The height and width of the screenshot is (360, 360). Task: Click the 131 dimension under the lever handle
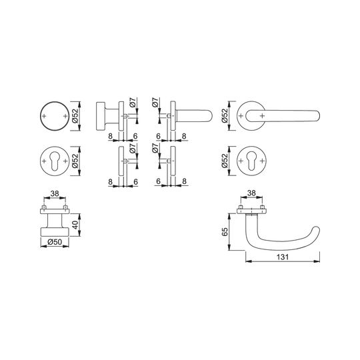coord(283,257)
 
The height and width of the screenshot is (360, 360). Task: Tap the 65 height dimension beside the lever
coord(225,231)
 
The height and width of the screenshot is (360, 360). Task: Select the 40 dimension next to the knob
coord(76,225)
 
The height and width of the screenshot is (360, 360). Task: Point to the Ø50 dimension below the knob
coord(55,242)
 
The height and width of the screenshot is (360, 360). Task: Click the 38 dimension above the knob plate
coord(55,194)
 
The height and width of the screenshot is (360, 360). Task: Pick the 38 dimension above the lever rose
coord(251,193)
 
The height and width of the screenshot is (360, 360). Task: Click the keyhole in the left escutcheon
coord(55,161)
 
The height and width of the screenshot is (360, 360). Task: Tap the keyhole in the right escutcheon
coord(251,161)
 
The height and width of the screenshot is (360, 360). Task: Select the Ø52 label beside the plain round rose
coord(75,116)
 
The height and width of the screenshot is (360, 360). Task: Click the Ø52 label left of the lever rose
coord(225,115)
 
